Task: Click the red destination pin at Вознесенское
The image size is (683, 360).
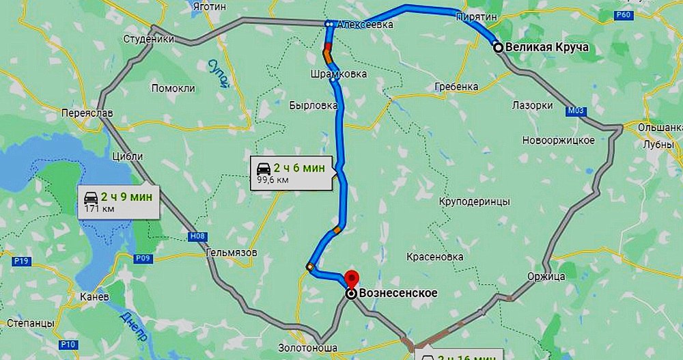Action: pos(352,279)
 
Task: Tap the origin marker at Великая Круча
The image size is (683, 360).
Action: pos(499,47)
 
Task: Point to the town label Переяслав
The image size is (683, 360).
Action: pos(86,113)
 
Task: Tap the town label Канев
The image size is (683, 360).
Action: pos(94,297)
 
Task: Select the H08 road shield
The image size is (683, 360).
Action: pos(197,236)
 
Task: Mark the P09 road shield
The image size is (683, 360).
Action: pos(143,258)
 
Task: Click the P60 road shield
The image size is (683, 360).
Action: pos(624,16)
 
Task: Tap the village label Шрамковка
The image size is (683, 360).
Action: pos(338,74)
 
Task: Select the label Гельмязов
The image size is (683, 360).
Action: pos(232,253)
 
